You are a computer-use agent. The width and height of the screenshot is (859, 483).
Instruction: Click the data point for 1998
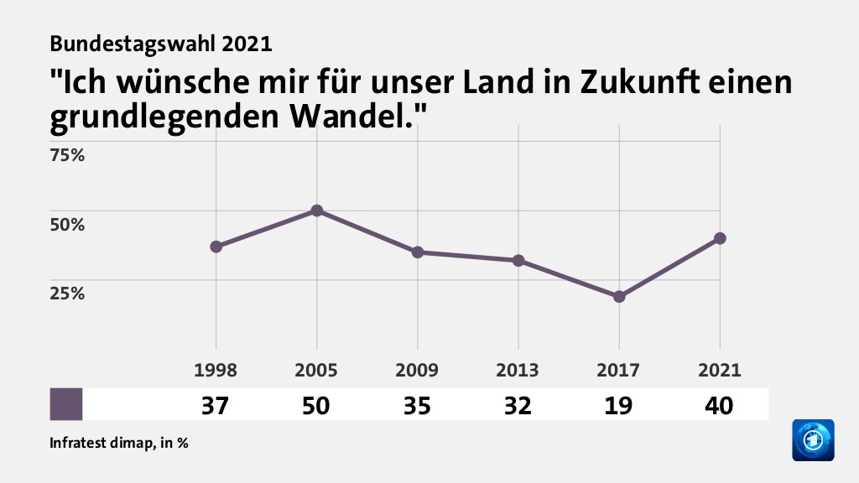216,247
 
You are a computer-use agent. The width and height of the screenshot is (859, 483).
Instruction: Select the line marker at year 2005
317,210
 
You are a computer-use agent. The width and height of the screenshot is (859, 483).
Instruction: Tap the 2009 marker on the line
418,252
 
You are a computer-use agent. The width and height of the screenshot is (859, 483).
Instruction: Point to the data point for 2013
518,261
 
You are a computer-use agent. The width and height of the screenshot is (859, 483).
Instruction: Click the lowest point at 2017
619,297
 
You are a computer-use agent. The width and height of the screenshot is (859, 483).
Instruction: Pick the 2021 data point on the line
720,238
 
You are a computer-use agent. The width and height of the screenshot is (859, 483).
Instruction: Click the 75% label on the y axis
67,155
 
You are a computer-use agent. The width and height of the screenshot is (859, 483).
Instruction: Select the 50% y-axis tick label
67,225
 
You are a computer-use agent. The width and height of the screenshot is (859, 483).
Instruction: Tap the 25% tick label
67,293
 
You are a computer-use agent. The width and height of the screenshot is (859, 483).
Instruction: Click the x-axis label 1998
216,371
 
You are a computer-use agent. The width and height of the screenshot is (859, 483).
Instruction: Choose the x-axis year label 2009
418,371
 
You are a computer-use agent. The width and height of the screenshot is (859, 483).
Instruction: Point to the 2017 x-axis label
619,371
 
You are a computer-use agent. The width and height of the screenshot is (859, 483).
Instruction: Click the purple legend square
66,404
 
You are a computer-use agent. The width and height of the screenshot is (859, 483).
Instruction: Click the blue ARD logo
813,439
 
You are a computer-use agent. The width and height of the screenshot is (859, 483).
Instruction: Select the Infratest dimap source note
118,443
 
